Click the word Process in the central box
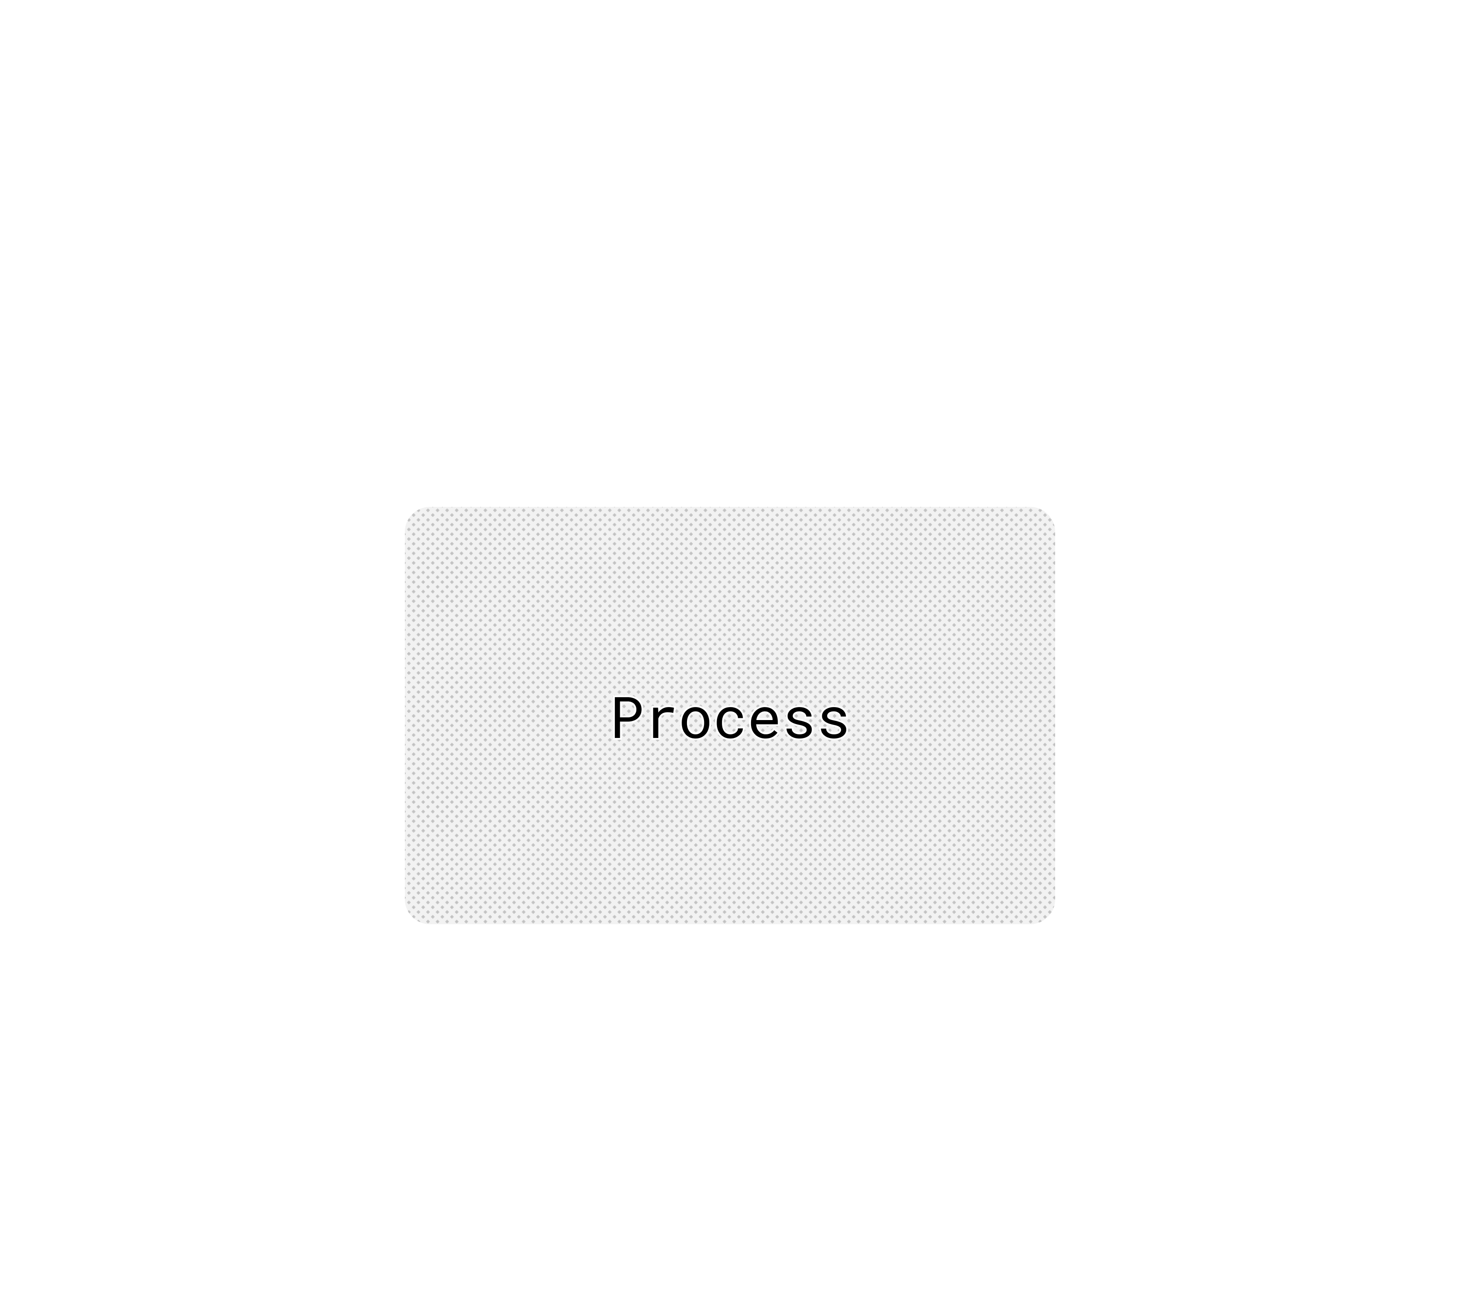click(729, 719)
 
